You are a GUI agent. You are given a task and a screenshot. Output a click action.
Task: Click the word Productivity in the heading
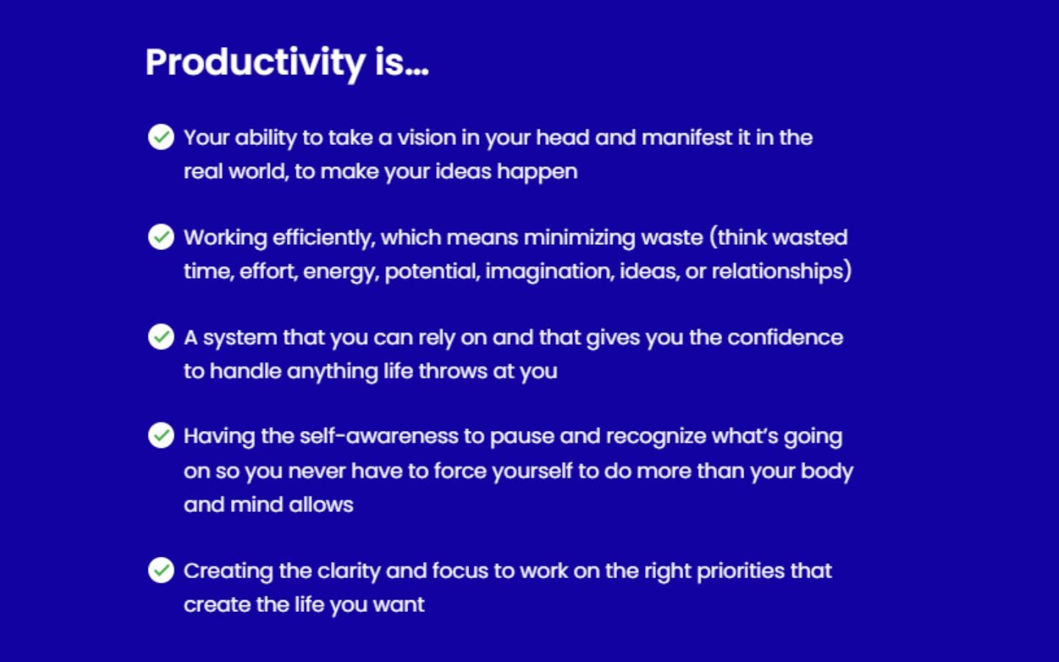click(x=255, y=63)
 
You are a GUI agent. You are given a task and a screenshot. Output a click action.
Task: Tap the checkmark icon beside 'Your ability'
click(x=161, y=137)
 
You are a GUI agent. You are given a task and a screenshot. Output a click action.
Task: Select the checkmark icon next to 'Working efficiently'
click(x=161, y=237)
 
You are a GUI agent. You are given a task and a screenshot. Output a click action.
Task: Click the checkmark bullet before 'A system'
click(x=161, y=337)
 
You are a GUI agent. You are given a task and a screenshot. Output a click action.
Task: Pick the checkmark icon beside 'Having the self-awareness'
click(x=161, y=435)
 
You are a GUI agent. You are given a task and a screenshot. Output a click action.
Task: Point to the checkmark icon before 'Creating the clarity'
click(x=161, y=570)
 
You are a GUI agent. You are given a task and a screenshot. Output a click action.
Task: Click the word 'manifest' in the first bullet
click(x=687, y=138)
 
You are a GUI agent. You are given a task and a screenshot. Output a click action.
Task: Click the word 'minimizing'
click(x=580, y=238)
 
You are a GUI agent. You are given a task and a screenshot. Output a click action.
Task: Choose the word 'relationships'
click(x=778, y=271)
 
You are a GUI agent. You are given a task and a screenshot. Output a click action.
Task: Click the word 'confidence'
click(x=785, y=338)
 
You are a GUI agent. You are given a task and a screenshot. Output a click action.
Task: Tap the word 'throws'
click(x=453, y=371)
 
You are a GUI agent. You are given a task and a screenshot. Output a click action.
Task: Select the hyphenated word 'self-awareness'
click(x=379, y=436)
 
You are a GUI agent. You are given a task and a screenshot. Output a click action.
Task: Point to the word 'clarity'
click(x=349, y=572)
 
